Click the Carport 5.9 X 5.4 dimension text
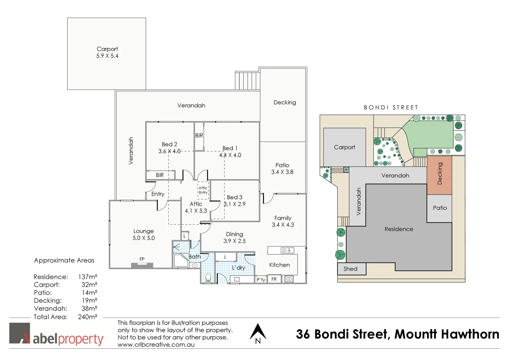107,56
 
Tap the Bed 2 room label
169,144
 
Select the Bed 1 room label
230,148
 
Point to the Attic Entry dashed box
203,190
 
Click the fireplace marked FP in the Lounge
142,265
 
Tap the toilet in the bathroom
208,278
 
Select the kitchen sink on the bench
287,250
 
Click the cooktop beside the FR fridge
289,279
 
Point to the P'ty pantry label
261,280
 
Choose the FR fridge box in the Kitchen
274,279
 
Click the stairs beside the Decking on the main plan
247,80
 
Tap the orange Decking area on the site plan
439,175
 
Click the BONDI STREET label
391,107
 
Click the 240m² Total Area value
87,317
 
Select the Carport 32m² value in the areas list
89,285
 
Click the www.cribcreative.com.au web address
156,345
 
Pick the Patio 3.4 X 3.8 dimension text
282,172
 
